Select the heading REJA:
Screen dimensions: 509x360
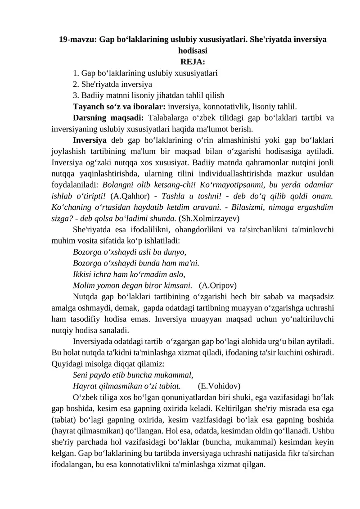193,62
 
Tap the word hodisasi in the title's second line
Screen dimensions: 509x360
193,51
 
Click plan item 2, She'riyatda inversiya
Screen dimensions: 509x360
112,84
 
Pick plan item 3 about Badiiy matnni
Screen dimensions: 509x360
148,95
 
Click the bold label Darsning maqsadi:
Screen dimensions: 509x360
108,118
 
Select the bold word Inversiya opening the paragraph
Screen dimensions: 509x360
90,140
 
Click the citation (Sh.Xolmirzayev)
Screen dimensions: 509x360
209,219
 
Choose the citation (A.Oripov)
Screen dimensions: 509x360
218,285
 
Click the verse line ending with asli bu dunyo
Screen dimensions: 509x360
129,252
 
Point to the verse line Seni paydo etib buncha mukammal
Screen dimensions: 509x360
133,374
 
